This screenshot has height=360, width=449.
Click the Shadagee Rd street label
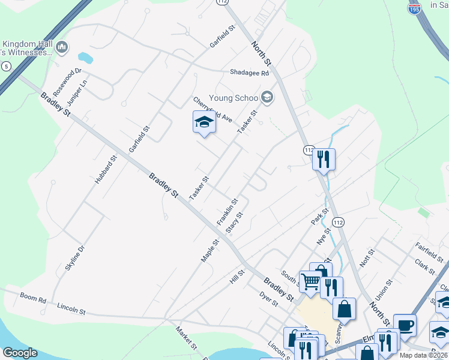click(249, 73)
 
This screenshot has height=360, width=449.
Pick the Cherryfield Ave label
click(212, 110)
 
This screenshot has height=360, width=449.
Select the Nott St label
click(367, 261)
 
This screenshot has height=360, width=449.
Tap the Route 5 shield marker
click(6, 66)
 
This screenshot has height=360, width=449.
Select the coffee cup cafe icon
click(405, 325)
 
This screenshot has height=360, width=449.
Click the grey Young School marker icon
click(267, 98)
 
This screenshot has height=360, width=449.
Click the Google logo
click(20, 353)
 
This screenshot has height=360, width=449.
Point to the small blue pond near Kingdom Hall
click(85, 58)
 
